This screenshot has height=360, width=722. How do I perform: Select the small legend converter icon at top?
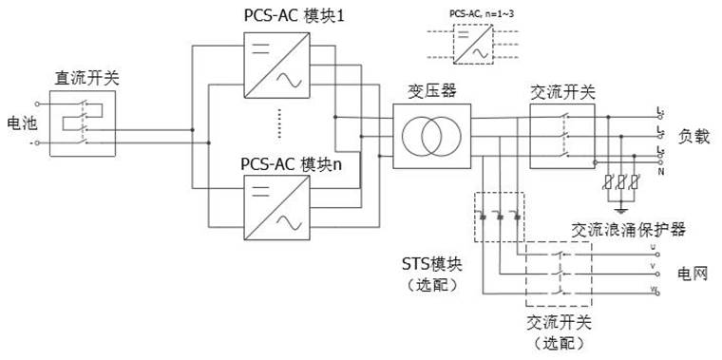471,45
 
